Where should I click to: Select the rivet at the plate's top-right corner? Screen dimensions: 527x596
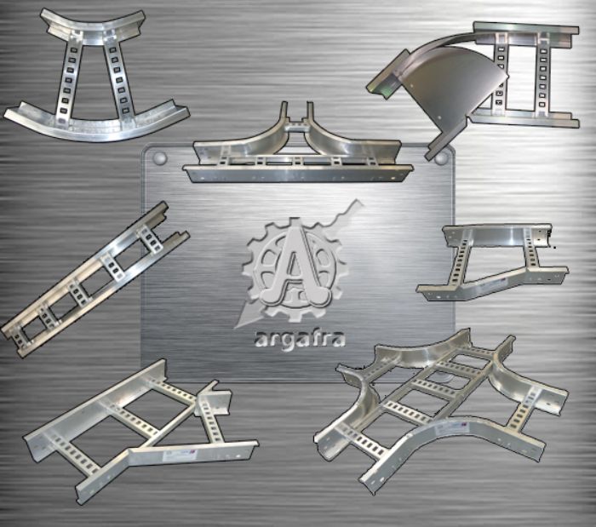(x=441, y=158)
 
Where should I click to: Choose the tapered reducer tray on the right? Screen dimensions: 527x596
(x=494, y=261)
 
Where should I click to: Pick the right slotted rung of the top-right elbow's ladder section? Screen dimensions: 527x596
(x=542, y=72)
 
